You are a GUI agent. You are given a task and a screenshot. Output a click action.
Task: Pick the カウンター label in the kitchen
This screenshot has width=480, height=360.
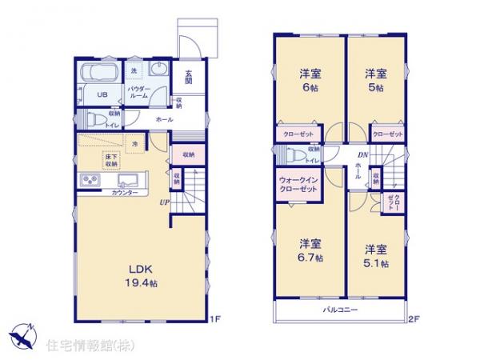coord(124,193)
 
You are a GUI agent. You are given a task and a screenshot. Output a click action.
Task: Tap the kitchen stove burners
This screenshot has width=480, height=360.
coord(89,183)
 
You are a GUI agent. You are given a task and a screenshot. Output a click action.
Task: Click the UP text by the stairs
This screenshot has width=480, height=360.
coord(163,202)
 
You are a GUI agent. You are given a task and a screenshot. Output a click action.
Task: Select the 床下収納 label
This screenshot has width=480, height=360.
coord(110,161)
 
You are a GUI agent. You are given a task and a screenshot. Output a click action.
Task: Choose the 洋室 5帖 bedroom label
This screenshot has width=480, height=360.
coord(377,82)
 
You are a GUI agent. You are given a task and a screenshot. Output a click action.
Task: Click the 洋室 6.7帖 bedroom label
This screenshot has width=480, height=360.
coord(310,250)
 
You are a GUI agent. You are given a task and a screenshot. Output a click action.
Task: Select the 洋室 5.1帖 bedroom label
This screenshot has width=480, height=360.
coord(376,254)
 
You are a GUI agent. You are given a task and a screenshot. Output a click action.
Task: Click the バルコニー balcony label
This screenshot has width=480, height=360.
coord(340,309)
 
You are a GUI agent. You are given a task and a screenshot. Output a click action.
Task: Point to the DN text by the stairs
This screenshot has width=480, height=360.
coord(362,157)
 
